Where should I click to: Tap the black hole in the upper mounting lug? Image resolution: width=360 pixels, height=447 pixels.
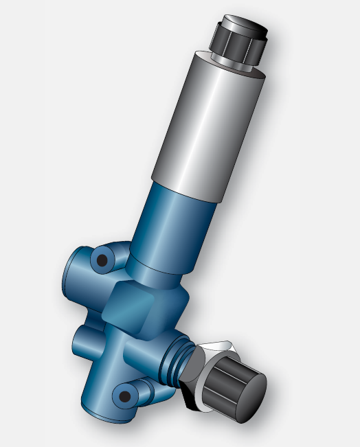pos(102,260)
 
